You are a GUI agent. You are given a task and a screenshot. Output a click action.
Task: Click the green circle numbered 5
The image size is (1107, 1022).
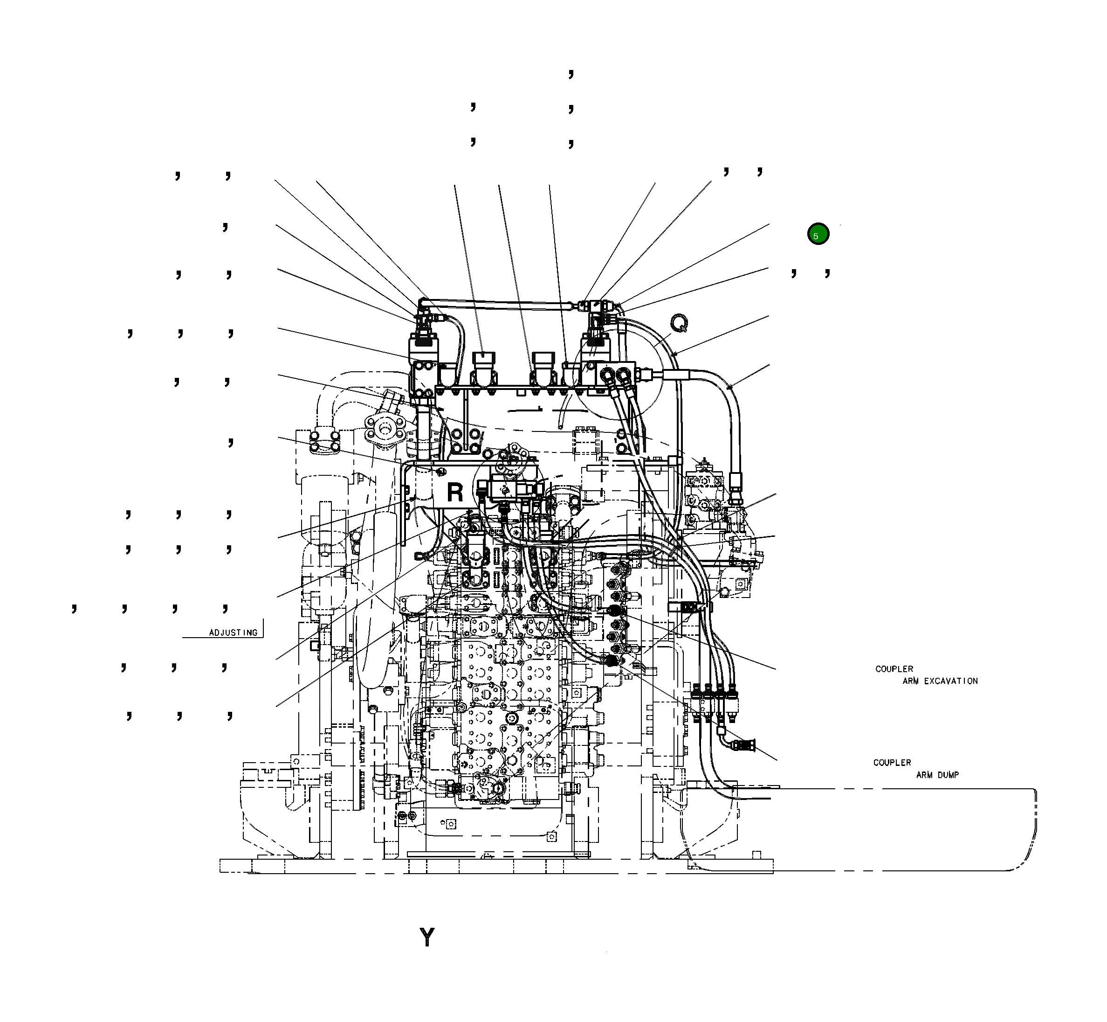(818, 234)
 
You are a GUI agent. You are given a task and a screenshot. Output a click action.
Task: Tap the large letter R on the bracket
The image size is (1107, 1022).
(455, 492)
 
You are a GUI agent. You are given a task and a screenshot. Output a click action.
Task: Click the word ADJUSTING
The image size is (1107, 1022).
(233, 633)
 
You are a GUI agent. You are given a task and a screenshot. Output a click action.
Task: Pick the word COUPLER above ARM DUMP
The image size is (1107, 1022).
(892, 763)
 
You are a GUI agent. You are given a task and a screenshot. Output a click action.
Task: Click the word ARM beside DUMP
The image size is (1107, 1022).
(924, 775)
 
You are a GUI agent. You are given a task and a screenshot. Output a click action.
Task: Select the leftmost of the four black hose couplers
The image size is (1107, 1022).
(696, 691)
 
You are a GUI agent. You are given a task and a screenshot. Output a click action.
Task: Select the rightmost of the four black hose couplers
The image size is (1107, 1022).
(732, 691)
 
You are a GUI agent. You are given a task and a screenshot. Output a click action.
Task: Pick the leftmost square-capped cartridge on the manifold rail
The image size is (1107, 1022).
(484, 358)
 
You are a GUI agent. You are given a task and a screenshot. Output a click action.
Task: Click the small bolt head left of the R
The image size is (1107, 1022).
(441, 471)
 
